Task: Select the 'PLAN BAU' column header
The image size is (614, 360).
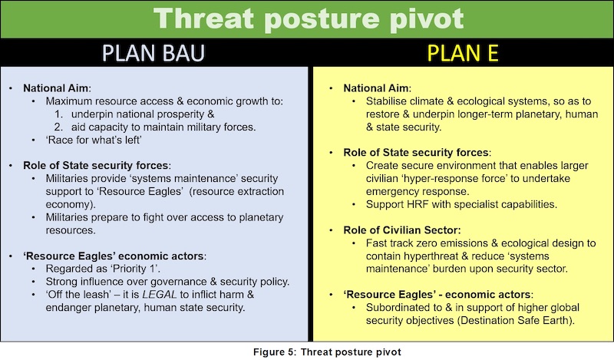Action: click(x=153, y=53)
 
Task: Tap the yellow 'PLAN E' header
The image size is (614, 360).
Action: click(x=463, y=53)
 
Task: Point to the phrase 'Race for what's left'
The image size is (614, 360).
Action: click(x=94, y=140)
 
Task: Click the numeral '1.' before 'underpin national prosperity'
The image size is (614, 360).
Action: click(x=59, y=114)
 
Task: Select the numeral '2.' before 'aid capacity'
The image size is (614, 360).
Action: click(x=59, y=127)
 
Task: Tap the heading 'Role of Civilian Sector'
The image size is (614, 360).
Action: click(x=401, y=230)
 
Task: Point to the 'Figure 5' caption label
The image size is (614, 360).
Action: click(x=274, y=352)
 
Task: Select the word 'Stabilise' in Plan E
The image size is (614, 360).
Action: click(x=386, y=101)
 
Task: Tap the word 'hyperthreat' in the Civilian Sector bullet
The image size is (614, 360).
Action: click(x=431, y=256)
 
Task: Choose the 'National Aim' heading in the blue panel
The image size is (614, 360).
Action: click(x=56, y=88)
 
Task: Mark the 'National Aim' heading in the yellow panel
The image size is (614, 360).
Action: click(x=376, y=88)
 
